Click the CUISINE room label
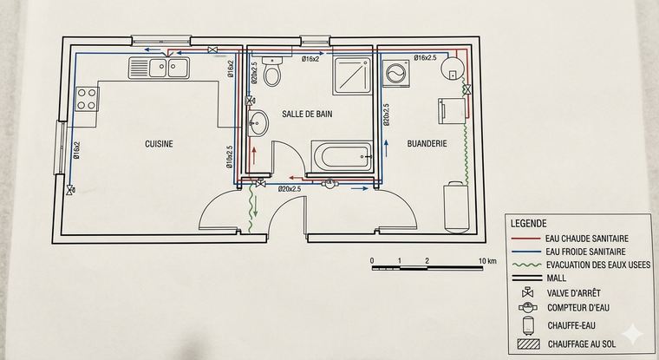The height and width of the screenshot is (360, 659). [x=159, y=144]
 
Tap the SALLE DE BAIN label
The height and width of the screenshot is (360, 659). [x=307, y=114]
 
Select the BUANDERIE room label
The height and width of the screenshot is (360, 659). [x=427, y=144]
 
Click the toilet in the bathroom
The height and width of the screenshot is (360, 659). [x=272, y=70]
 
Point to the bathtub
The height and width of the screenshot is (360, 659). [x=343, y=156]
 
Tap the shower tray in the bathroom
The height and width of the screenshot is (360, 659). [x=352, y=76]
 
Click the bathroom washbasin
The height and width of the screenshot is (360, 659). [x=258, y=123]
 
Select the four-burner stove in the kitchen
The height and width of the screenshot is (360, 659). [x=87, y=99]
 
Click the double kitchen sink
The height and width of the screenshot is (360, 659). [x=159, y=69]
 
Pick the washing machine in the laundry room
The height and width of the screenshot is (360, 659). [x=396, y=74]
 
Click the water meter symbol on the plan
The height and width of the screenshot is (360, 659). [x=329, y=183]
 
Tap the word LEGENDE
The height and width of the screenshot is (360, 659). [x=528, y=224]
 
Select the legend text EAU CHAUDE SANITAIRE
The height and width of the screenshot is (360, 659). [x=587, y=239]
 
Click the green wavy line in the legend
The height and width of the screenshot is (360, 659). [x=526, y=265]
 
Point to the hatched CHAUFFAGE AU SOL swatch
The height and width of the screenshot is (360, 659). [x=529, y=344]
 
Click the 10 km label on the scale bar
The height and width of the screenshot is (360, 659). [x=487, y=261]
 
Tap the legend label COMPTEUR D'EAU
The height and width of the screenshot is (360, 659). [x=577, y=308]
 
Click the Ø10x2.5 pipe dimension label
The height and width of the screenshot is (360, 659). [x=229, y=157]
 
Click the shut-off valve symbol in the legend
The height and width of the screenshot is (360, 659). [x=527, y=292]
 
